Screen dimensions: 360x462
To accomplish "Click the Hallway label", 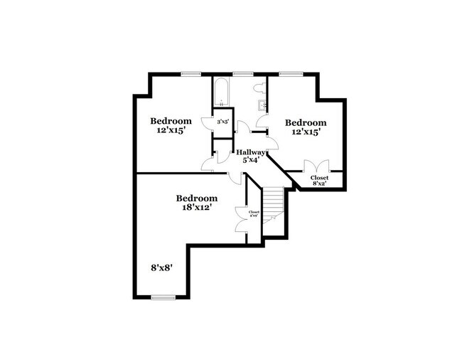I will (250, 152).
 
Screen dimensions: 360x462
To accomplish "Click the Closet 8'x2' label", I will (320, 178).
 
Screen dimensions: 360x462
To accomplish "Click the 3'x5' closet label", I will (222, 122).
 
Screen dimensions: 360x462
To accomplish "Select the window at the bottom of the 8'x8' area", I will (163, 297).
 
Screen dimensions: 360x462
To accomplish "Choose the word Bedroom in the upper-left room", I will (171, 120).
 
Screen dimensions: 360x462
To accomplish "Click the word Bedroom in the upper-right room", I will (306, 122).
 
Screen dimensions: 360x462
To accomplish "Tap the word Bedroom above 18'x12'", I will (196, 198).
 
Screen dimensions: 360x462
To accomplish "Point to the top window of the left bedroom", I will (190, 74).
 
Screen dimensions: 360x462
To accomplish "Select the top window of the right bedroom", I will (288, 74).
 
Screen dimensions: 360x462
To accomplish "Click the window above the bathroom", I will (242, 74).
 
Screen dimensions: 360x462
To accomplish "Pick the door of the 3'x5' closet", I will (208, 122).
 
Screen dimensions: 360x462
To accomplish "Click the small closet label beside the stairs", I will (254, 213).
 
